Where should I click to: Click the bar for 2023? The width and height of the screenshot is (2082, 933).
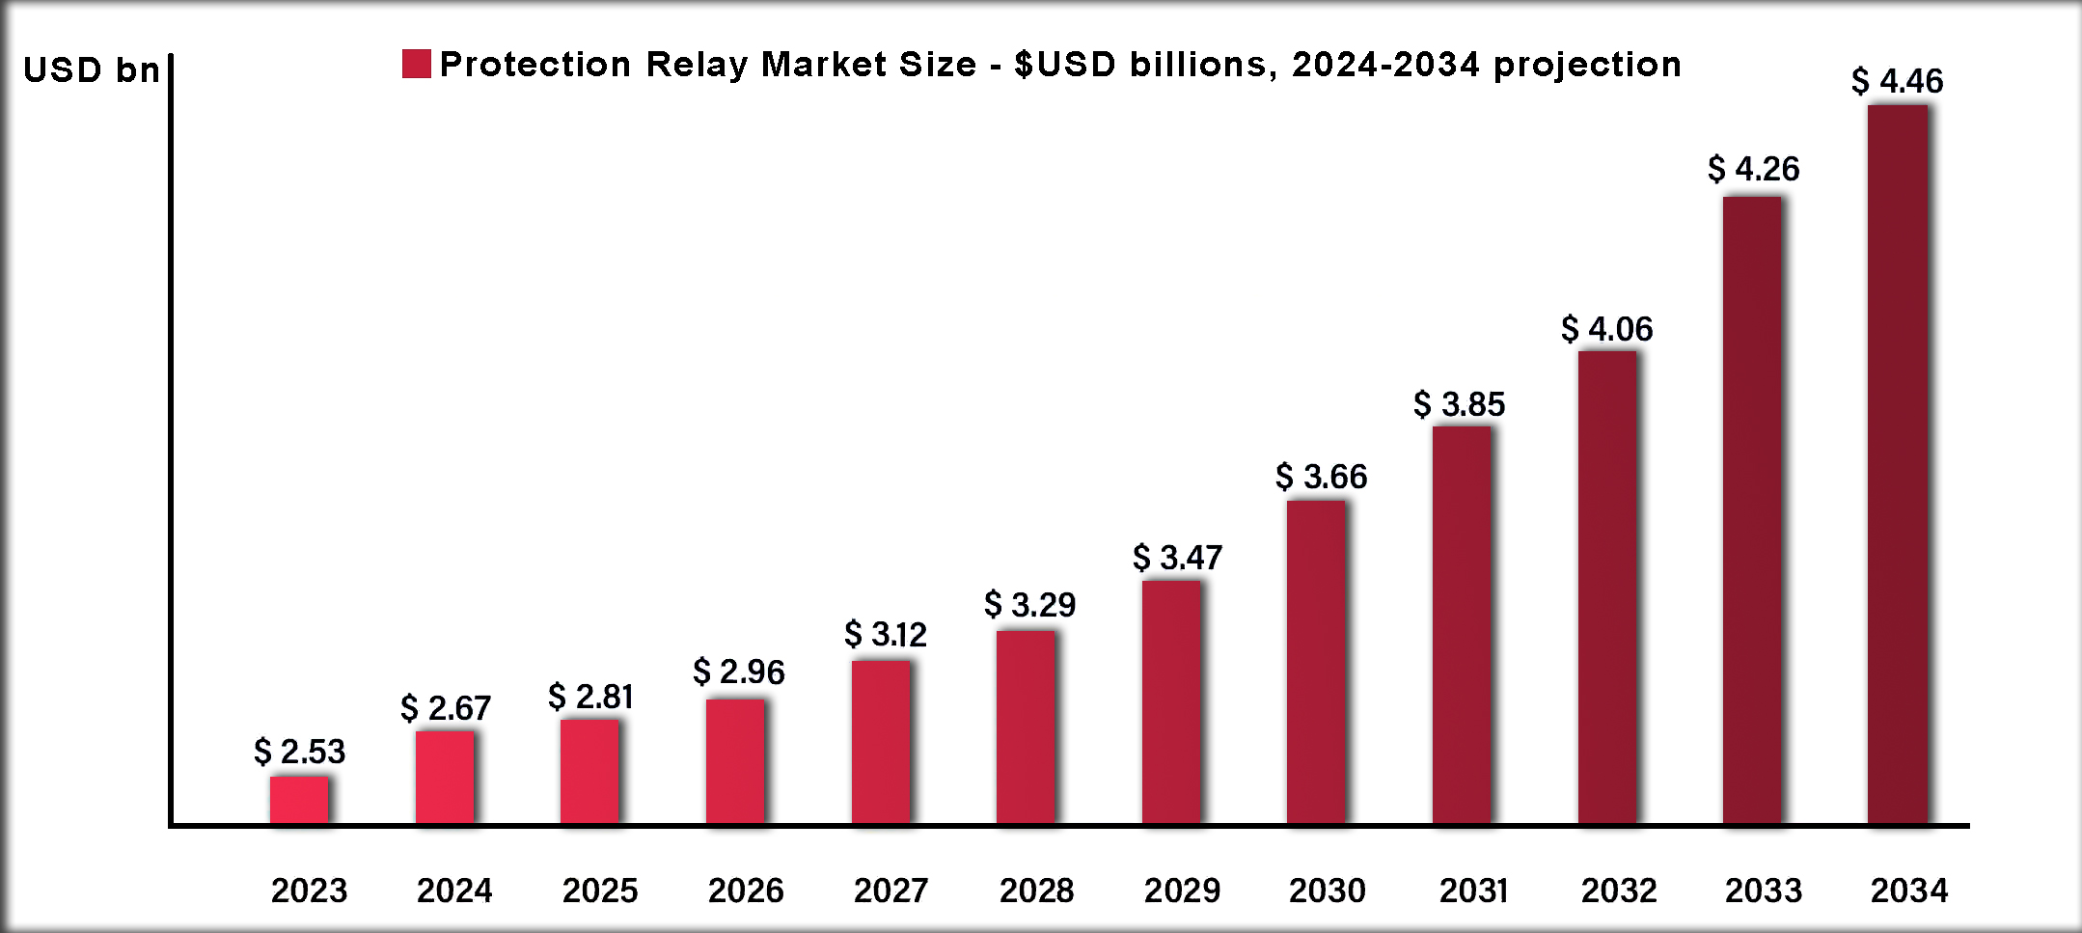pos(299,800)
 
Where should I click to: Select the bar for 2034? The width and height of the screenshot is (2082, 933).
pos(1898,464)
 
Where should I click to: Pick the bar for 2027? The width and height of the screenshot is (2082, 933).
pos(881,742)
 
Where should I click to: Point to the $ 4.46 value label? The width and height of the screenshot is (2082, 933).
pos(1897,81)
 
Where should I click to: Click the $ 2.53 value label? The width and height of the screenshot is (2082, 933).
pos(299,752)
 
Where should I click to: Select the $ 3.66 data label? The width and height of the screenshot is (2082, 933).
pos(1321,477)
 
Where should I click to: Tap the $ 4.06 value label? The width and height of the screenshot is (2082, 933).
pos(1606,329)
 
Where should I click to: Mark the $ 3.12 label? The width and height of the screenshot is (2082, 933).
pos(885,635)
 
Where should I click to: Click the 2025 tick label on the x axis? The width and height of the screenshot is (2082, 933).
pos(600,890)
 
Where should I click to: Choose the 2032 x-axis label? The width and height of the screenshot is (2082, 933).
pos(1618,890)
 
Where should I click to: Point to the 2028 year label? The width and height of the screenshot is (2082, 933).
pos(1036,890)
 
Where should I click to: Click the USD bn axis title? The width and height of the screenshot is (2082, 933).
pos(91,70)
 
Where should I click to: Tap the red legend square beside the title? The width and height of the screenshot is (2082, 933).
pos(417,64)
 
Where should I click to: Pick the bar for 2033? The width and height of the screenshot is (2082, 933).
pos(1752,510)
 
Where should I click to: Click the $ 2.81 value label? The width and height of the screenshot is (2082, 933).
pos(590,697)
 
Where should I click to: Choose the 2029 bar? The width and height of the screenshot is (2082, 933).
pos(1171,701)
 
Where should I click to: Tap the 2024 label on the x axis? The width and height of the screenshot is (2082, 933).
pos(454,890)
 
